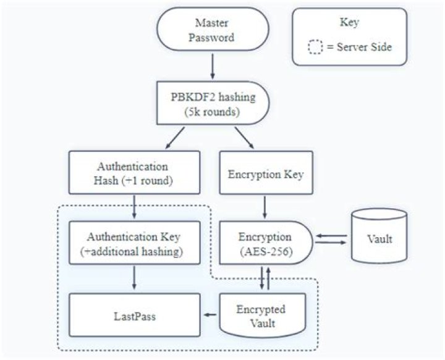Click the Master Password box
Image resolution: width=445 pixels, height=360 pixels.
tap(212, 29)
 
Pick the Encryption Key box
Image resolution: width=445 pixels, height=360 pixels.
tap(265, 174)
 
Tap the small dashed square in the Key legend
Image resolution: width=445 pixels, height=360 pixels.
tap(315, 47)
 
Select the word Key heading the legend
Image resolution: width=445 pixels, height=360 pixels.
tap(349, 22)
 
